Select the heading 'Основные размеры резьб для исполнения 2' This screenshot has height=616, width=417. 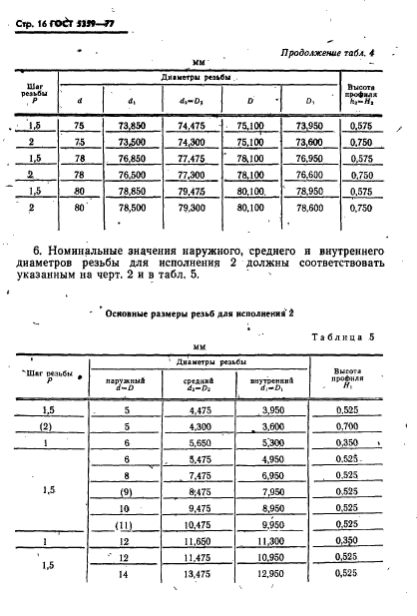pos(200,312)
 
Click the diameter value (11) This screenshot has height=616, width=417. pos(126,523)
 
